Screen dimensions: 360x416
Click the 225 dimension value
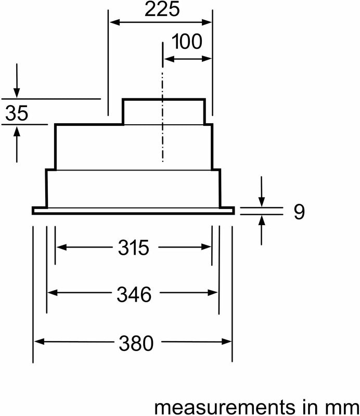162,9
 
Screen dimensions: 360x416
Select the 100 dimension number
187,42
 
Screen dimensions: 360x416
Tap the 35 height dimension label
17,113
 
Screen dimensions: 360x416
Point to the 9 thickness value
299,212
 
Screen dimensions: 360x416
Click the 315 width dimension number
134,248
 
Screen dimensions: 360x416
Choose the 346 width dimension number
134,294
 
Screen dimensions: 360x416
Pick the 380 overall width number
136,343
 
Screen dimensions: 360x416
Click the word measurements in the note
225,407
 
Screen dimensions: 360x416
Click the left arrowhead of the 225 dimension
114,22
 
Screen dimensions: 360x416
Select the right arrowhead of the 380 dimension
226,342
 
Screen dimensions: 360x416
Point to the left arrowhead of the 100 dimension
169,59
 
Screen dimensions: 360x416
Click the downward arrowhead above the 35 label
17,93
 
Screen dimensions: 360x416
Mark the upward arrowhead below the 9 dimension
262,220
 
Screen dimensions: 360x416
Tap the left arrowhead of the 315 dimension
61,248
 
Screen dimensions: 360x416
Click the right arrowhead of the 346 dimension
213,293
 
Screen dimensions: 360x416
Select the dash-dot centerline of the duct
162,101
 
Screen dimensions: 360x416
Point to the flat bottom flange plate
133,211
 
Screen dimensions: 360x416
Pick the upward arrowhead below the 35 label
17,132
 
